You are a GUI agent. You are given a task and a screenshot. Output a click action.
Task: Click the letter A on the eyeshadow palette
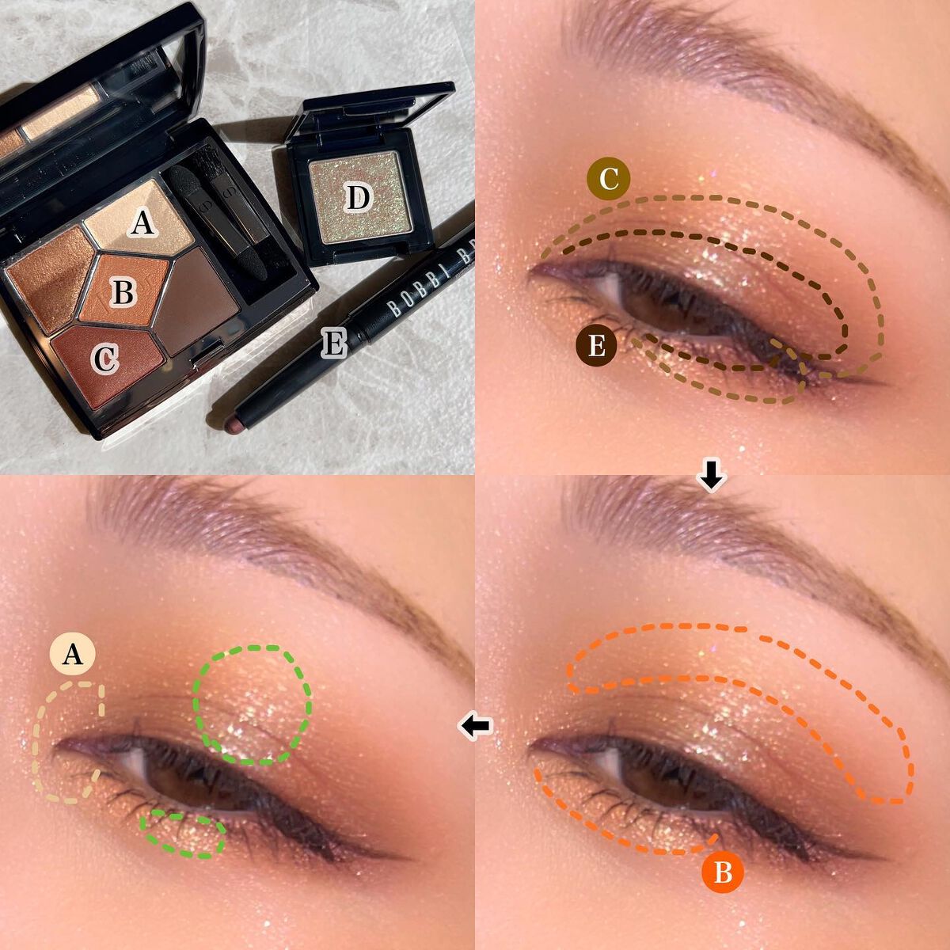pyautogui.click(x=142, y=223)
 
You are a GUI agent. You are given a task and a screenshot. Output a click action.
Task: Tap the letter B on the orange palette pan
pyautogui.click(x=123, y=292)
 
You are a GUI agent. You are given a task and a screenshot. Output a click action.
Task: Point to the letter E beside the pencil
pyautogui.click(x=334, y=343)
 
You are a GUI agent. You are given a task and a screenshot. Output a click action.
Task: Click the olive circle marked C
pyautogui.click(x=608, y=179)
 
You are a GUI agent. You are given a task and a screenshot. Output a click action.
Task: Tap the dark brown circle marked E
pyautogui.click(x=597, y=346)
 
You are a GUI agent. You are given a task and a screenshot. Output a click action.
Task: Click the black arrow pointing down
pyautogui.click(x=711, y=476)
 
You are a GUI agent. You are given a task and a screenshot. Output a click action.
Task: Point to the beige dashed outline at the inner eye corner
pyautogui.click(x=69, y=743)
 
